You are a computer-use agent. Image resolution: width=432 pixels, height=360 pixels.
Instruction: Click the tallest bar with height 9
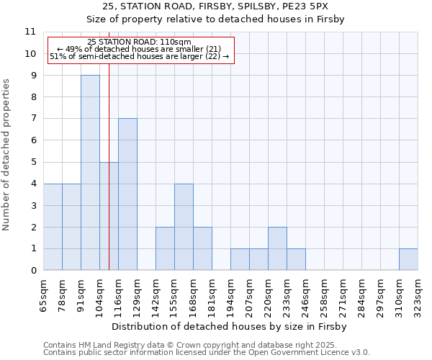coord(90,173)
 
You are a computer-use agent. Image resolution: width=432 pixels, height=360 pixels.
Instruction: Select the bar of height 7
coord(127,194)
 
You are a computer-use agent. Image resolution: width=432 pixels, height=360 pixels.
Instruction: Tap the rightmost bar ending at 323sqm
coord(408,259)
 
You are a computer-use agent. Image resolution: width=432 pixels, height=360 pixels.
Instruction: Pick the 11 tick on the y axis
coord(30,32)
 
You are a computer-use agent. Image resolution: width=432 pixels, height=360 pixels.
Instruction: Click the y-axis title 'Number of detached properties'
coord(6,155)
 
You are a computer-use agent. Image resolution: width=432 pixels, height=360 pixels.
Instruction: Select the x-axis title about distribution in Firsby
coord(230,327)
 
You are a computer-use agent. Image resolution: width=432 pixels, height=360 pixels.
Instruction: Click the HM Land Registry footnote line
coord(202,345)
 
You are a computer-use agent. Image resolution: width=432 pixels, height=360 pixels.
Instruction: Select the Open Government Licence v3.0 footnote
coord(207,353)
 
